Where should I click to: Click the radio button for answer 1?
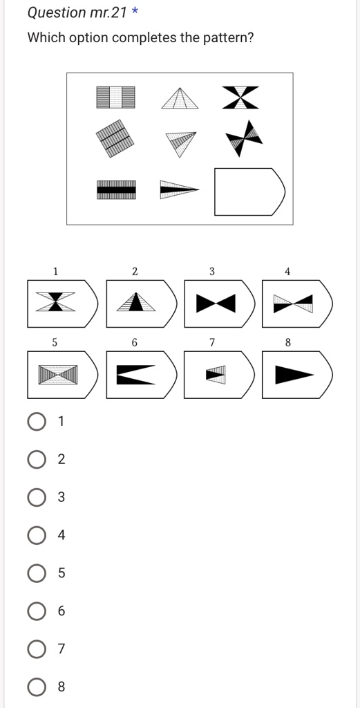[x=37, y=421]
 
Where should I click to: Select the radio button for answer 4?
[x=37, y=535]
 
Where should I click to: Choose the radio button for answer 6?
[x=37, y=611]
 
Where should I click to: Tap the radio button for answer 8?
[x=37, y=687]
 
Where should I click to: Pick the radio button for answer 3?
[x=37, y=497]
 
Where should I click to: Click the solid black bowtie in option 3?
[x=215, y=303]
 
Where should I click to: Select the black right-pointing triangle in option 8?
[x=294, y=375]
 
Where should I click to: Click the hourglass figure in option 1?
[x=57, y=302]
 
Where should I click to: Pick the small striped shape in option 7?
[x=216, y=375]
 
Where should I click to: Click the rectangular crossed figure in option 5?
[x=57, y=375]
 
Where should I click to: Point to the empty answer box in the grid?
[x=249, y=192]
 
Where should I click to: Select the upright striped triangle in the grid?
[x=180, y=98]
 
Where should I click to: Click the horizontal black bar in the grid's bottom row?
[x=116, y=188]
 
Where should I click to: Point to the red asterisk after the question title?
[x=135, y=12]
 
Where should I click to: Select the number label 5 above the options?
[x=55, y=342]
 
